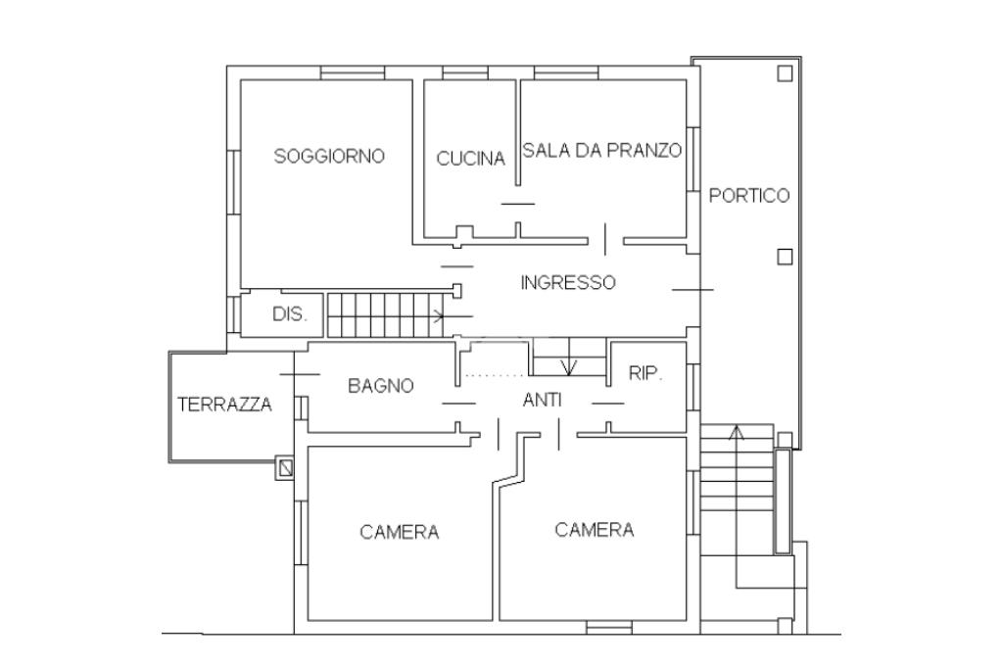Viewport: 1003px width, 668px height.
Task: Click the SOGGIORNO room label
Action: click(x=329, y=156)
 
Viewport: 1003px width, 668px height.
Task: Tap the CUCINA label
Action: click(x=471, y=159)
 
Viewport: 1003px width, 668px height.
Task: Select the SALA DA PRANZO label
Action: click(x=602, y=151)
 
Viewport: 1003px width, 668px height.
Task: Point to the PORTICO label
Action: click(x=749, y=195)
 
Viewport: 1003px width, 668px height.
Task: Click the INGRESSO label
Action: click(x=568, y=282)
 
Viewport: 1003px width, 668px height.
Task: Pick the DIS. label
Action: click(x=290, y=314)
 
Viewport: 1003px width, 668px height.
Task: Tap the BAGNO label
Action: click(x=381, y=386)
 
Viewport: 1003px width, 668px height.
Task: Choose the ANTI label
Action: click(x=543, y=400)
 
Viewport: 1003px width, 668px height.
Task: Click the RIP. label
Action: click(x=645, y=374)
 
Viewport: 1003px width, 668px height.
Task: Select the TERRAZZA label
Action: click(x=224, y=405)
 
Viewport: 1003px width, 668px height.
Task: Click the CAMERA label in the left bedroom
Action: click(x=400, y=532)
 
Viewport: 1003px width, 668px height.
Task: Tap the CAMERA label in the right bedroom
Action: click(x=595, y=530)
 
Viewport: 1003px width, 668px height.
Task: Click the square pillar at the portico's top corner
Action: click(x=785, y=72)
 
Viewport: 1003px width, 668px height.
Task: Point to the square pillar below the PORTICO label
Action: click(x=785, y=257)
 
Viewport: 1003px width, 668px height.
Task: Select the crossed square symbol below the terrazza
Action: click(x=286, y=468)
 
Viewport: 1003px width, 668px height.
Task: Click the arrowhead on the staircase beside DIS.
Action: click(x=440, y=316)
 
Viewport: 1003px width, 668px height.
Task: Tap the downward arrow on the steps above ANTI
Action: click(x=569, y=367)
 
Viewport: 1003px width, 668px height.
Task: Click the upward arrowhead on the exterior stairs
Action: click(x=737, y=433)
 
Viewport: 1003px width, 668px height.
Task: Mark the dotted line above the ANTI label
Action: click(x=496, y=375)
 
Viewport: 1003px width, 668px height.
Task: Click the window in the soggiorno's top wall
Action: click(x=353, y=72)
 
